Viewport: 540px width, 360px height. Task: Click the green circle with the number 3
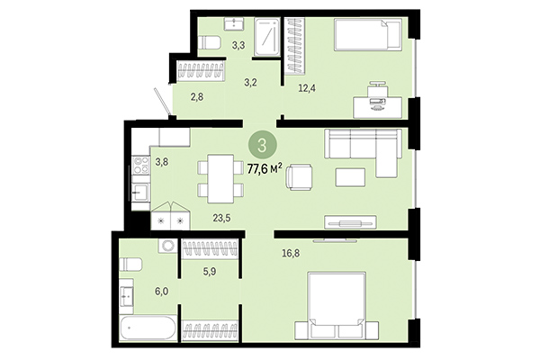(x=261, y=144)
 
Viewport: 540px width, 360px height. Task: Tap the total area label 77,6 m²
(x=265, y=166)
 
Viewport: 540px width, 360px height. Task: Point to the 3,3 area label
(x=238, y=43)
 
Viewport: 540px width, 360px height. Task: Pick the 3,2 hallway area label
(x=251, y=82)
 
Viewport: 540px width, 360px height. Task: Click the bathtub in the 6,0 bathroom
(x=147, y=328)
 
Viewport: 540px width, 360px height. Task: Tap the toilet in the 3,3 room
(x=210, y=42)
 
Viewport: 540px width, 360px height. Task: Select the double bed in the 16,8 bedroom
(x=337, y=304)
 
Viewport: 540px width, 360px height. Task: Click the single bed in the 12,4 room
(x=367, y=37)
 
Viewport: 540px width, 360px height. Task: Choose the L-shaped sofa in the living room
(x=362, y=149)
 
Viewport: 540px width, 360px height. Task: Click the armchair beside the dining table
(x=299, y=177)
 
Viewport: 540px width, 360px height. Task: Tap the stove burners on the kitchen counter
(x=141, y=166)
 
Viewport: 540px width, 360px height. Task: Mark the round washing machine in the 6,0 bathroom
(x=166, y=246)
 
